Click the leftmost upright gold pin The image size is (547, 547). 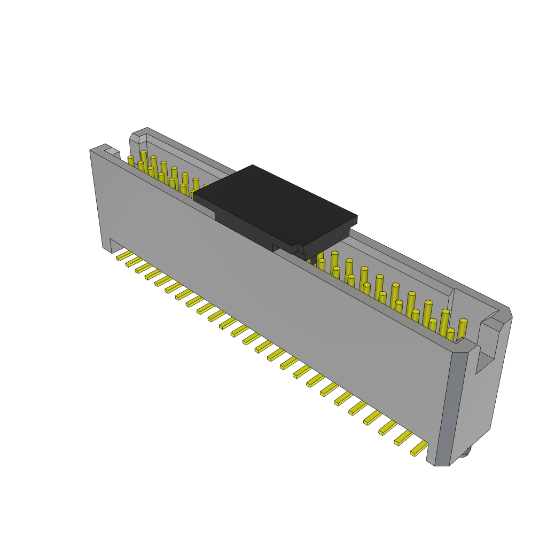click(x=131, y=160)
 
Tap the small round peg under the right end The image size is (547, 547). click(x=466, y=454)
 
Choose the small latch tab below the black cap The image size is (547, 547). click(x=299, y=249)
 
